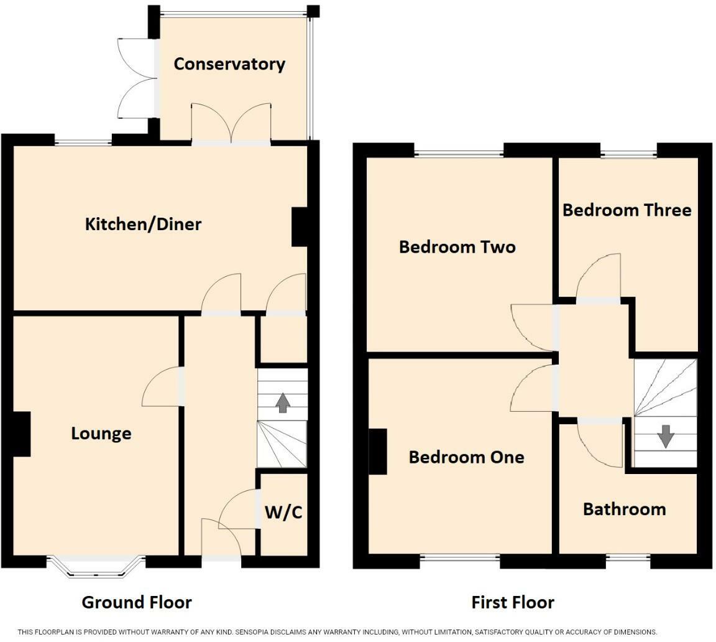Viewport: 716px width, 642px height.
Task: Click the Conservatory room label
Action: point(229,64)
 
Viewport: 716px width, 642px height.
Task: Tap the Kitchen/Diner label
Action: point(143,224)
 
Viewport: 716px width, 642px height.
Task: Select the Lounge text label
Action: point(101,434)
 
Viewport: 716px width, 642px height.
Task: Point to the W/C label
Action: point(283,512)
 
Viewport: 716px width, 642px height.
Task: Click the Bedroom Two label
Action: point(457,247)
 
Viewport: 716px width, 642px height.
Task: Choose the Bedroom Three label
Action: point(627,210)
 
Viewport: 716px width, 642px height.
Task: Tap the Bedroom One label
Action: point(466,457)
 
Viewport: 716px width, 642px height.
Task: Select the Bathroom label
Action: point(624,509)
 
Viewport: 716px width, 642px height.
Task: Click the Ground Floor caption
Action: point(137,602)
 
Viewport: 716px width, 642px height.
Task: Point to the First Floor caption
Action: point(512,602)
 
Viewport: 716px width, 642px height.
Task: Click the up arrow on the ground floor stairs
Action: point(283,402)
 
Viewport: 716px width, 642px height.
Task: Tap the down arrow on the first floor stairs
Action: point(666,436)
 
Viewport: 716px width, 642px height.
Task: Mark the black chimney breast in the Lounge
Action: point(22,434)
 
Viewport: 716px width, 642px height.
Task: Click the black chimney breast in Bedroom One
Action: point(378,451)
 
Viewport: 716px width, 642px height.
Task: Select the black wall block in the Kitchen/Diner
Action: point(299,227)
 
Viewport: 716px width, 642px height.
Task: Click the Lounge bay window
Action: point(96,565)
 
